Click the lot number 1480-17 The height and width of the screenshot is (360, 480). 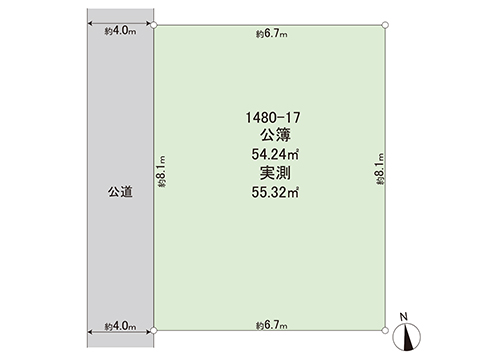point(272,118)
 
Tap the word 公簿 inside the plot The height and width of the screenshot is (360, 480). point(272,136)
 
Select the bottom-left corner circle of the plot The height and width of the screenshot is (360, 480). point(155,328)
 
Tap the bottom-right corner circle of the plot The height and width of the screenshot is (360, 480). point(386,328)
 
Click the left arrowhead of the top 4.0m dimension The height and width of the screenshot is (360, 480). point(90,25)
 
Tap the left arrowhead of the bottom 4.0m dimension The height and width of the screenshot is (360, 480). point(90,328)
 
